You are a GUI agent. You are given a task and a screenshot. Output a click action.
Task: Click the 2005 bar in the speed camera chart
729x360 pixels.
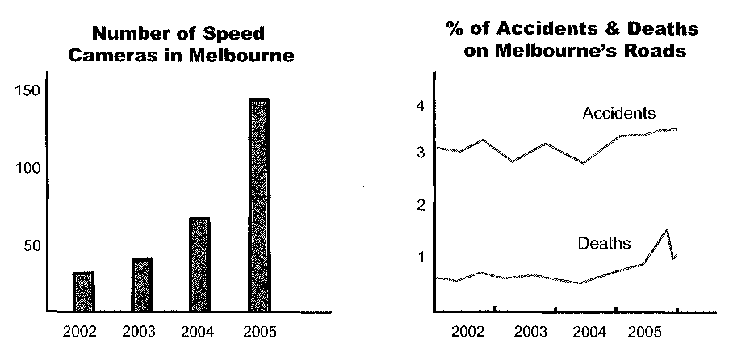[x=259, y=206]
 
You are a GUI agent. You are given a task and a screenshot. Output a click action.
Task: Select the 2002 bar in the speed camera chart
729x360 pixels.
[x=83, y=292]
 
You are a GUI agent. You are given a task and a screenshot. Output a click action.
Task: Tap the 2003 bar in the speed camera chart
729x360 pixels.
[x=142, y=285]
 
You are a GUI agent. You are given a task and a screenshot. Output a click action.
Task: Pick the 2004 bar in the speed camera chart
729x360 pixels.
[x=199, y=265]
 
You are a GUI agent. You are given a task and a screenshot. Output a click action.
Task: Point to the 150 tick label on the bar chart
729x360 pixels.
[x=28, y=90]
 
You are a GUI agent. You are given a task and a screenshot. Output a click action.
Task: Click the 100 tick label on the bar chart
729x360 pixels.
[x=28, y=169]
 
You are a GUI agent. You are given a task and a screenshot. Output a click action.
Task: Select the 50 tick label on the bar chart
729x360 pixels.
[x=31, y=246]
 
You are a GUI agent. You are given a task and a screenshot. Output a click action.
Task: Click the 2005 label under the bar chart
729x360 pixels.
[x=258, y=331]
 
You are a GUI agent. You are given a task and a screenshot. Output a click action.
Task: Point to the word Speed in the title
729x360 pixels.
[x=234, y=34]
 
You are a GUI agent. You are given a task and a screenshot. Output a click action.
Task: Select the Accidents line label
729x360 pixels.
[x=619, y=113]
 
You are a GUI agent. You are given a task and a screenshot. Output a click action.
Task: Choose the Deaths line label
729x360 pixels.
[x=604, y=242]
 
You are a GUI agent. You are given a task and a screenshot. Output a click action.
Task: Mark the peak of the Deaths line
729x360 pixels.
[x=667, y=230]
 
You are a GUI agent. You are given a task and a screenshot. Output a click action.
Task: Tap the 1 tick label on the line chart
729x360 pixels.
[x=420, y=257]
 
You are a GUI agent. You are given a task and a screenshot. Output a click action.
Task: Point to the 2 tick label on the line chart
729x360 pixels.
[x=420, y=206]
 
